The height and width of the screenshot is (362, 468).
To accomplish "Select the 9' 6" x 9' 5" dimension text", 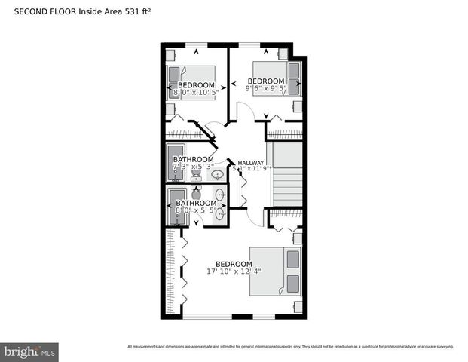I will [266, 88].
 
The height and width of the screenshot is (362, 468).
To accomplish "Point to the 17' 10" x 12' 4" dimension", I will [237, 271].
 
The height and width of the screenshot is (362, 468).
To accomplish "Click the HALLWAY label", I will [251, 163].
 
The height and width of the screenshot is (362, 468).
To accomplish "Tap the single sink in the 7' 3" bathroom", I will [217, 175].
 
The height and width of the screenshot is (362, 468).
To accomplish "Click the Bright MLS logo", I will [30, 352].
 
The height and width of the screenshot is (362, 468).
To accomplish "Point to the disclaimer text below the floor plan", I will [290, 346].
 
